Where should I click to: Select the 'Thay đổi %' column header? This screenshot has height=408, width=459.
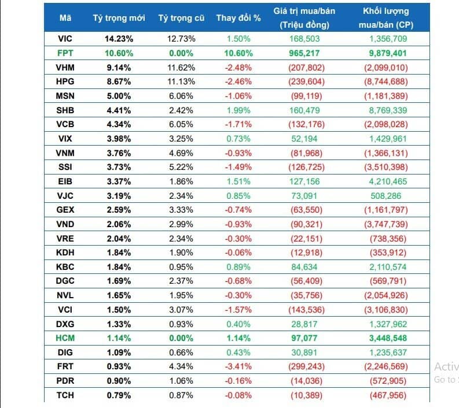tap(238, 17)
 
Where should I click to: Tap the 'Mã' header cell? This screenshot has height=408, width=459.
tap(65, 17)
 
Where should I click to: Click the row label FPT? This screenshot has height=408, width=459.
tap(65, 53)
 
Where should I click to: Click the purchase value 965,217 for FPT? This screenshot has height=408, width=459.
tap(304, 53)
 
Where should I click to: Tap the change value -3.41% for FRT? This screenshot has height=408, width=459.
tap(238, 366)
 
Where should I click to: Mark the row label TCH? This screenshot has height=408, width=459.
tap(65, 395)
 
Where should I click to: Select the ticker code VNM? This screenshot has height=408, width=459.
tap(65, 153)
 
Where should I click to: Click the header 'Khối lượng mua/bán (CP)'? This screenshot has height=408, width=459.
tap(385, 17)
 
